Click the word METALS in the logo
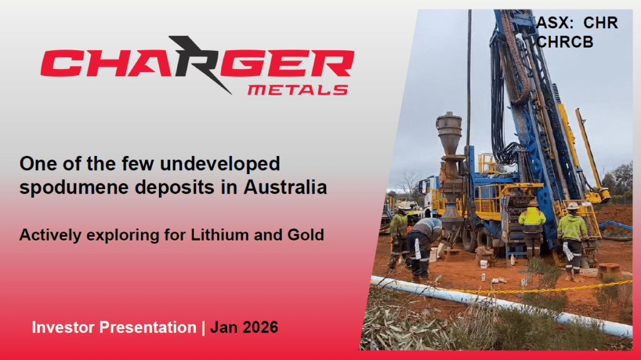297,90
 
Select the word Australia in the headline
285,187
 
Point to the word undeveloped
220,164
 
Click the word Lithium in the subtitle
220,235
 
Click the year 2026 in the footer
260,327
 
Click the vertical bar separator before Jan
203,327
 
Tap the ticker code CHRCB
565,42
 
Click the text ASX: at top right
555,23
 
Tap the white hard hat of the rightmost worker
573,205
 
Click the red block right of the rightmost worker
608,270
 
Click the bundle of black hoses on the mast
501,102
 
